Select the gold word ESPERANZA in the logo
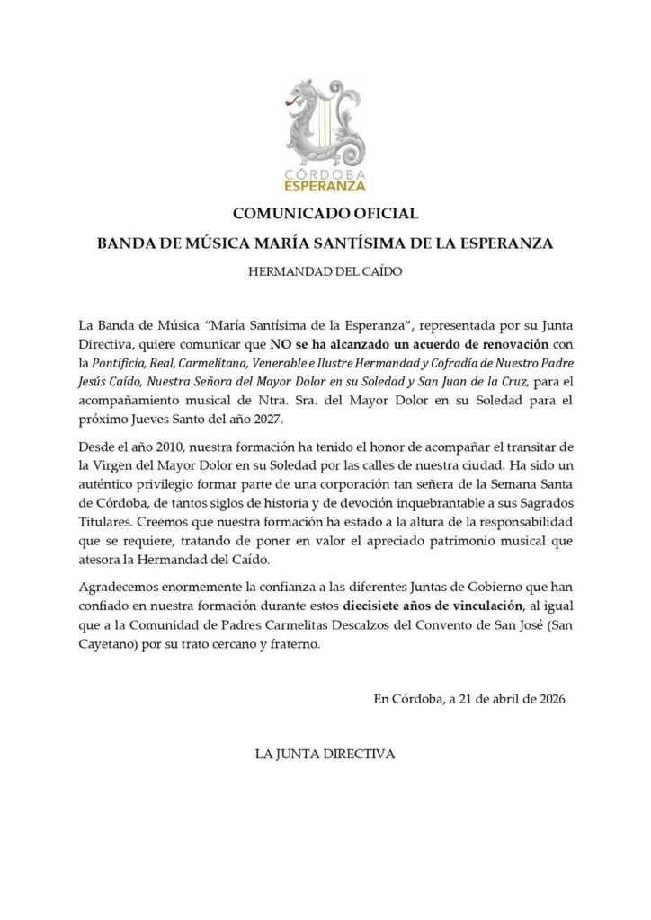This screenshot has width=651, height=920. [x=325, y=187]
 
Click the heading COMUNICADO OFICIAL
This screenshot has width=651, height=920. [x=325, y=215]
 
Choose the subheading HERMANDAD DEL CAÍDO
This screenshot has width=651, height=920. [x=325, y=270]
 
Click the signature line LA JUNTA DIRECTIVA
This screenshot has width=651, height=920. [x=325, y=753]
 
